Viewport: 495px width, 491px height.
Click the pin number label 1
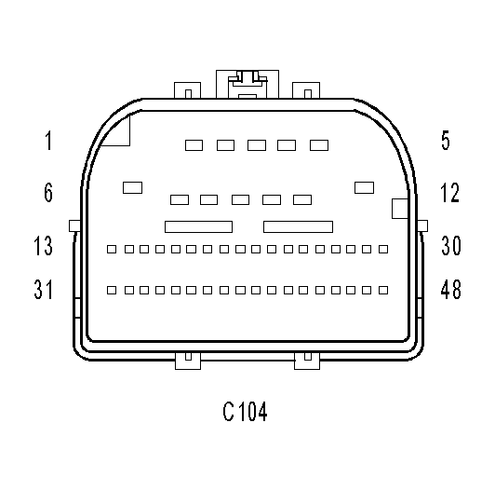point(48,141)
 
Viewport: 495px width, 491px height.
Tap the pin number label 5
point(446,141)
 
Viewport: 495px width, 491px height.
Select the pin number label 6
point(48,192)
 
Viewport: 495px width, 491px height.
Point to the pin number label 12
point(449,192)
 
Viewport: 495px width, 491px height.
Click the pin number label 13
point(43,246)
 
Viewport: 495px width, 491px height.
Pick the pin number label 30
point(451,245)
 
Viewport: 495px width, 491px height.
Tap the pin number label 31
point(43,289)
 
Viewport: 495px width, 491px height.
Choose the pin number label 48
point(450,289)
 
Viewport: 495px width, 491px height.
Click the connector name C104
point(245,411)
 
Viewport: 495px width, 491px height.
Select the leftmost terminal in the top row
point(194,145)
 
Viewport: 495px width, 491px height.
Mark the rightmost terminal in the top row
point(319,145)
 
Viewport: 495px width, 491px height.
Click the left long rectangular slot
point(198,226)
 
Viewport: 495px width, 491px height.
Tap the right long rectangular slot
point(298,226)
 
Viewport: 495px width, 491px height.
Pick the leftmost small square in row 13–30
point(112,249)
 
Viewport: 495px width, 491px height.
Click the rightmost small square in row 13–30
point(383,249)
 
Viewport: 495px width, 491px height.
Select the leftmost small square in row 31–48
point(112,291)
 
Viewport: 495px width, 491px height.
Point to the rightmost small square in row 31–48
point(383,291)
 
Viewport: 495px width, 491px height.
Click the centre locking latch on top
point(247,84)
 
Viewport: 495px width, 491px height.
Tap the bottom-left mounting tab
point(188,361)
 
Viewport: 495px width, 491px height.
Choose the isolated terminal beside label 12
point(365,187)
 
